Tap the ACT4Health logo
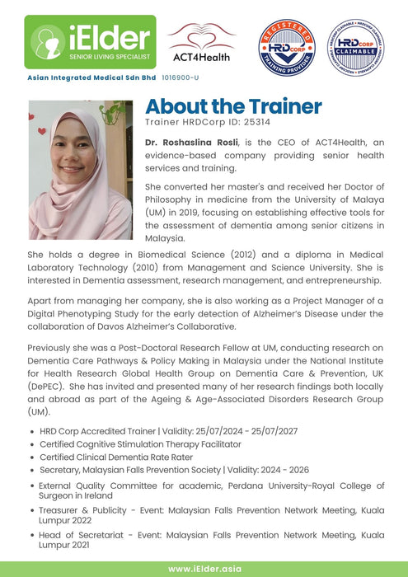pos(202,42)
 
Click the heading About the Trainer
pos(233,106)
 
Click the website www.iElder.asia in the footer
pos(204,569)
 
